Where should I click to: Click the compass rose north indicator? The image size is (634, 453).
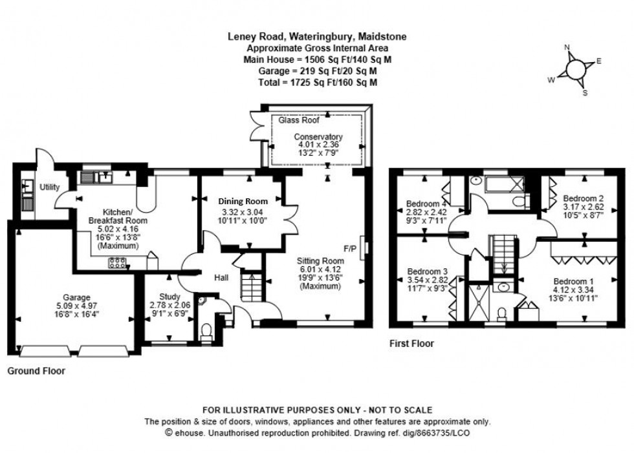point(567,48)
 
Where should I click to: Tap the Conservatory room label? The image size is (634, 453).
point(318,137)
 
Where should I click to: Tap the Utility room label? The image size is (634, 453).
point(50,187)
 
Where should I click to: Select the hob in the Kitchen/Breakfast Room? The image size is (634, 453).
point(118,262)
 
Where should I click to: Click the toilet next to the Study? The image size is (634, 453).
point(206,331)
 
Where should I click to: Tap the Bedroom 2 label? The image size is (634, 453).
point(583,198)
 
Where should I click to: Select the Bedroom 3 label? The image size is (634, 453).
point(425,271)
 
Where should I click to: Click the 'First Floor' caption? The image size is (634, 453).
point(411,344)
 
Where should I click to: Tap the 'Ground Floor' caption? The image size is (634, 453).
point(36,372)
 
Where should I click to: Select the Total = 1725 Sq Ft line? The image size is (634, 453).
point(317,83)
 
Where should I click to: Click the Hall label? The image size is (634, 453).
point(221,277)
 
